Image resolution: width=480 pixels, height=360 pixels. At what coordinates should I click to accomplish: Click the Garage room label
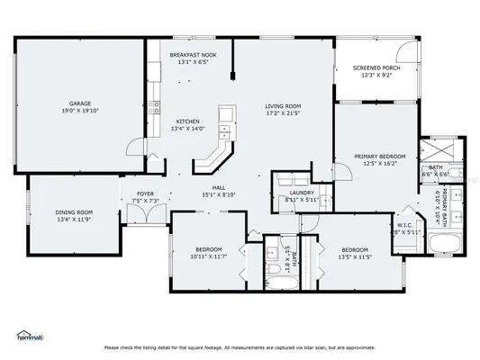81,103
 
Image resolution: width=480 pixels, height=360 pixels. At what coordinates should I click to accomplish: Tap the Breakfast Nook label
193,55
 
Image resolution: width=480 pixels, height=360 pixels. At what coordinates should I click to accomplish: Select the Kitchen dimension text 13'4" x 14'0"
188,129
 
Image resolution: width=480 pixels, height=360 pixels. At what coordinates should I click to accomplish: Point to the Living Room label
282,105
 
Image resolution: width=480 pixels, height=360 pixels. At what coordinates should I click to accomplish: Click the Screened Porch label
376,68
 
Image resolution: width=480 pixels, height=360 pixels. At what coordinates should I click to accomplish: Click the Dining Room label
75,212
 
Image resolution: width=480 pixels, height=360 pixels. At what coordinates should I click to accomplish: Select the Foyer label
145,193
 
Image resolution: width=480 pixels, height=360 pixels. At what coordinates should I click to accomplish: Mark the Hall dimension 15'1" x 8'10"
219,194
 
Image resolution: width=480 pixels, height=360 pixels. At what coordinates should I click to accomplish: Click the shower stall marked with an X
444,147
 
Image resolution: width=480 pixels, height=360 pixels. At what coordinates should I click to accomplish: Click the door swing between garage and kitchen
134,148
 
